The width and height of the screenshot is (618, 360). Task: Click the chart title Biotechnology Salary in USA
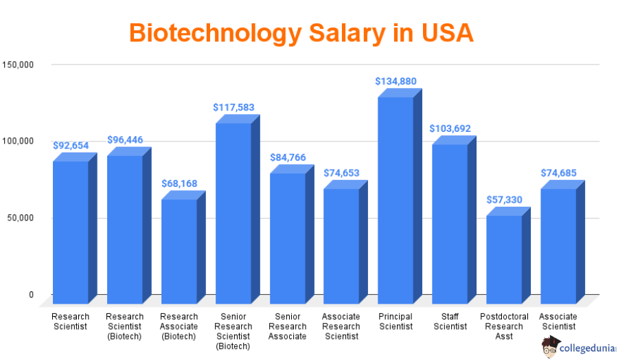[x=301, y=32]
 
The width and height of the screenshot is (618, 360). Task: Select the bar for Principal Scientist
[x=396, y=199]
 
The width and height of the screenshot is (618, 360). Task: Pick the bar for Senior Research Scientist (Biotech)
[x=233, y=213]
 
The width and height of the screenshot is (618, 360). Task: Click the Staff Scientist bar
[x=450, y=223]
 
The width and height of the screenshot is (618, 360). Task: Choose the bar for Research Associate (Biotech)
[x=179, y=251]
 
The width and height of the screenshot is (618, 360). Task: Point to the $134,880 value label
[x=396, y=81]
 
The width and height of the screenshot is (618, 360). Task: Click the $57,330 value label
[x=504, y=199]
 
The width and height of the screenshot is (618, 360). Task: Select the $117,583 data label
[x=233, y=107]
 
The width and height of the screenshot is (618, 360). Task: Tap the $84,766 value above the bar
[x=288, y=157]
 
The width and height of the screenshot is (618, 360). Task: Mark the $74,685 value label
[x=558, y=172]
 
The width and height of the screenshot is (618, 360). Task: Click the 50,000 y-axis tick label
[x=21, y=218]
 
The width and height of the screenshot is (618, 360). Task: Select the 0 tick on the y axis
[x=31, y=295]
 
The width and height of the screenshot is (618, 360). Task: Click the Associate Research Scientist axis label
[x=341, y=326]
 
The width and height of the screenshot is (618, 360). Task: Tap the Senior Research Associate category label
[x=287, y=326]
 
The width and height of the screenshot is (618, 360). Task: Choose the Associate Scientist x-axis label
[x=558, y=322]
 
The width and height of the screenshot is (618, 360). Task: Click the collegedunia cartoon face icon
[x=549, y=348]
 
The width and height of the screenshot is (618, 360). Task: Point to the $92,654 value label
[x=71, y=146]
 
